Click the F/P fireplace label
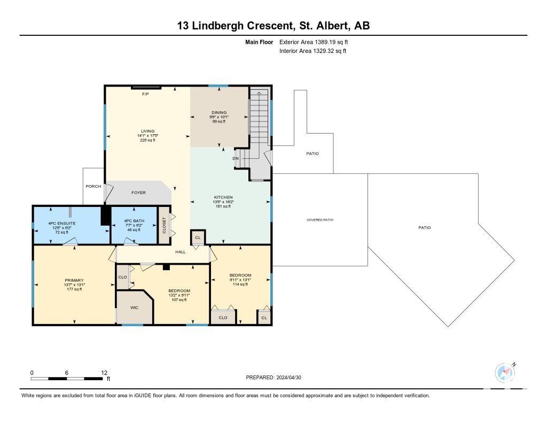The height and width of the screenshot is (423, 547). (x=145, y=94)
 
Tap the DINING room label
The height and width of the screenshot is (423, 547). (x=219, y=112)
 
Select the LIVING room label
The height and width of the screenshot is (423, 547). (x=148, y=132)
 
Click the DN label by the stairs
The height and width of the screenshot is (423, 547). (x=236, y=159)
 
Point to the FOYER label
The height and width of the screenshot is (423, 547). (x=138, y=193)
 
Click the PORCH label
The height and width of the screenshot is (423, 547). (x=93, y=186)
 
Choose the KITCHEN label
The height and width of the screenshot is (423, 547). (x=223, y=197)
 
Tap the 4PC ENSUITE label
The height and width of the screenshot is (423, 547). (x=62, y=223)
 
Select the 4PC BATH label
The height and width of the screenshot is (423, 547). (x=134, y=221)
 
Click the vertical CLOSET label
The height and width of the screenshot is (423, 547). (x=165, y=225)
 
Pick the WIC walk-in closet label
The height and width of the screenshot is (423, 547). (x=134, y=307)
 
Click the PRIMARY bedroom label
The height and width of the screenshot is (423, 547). (x=74, y=280)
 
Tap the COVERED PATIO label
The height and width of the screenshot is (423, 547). (x=320, y=220)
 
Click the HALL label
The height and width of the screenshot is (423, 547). (x=181, y=252)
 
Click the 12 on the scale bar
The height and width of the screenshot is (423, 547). (x=104, y=373)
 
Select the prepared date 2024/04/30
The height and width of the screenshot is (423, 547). (x=288, y=377)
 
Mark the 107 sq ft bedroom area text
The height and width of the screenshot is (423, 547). (x=179, y=299)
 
